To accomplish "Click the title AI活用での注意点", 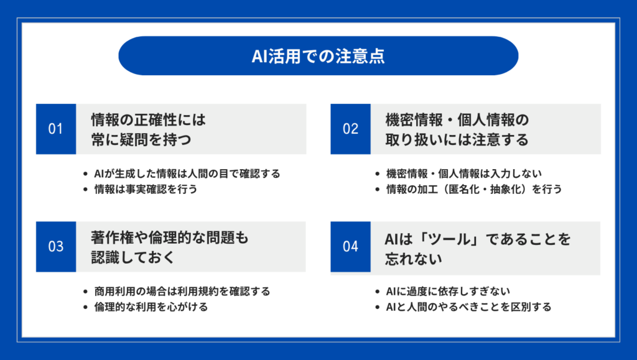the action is click(318, 56).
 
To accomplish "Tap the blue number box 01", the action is click(56, 129).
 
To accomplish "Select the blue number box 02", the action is click(351, 129).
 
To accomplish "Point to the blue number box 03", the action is click(56, 247).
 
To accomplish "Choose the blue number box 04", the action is click(351, 247).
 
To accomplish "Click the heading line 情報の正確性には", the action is click(148, 120).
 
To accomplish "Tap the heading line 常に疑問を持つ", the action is click(141, 140).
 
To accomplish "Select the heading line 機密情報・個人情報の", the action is click(457, 120).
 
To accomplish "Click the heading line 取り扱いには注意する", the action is click(457, 140).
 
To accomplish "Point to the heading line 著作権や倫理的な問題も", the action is click(169, 238).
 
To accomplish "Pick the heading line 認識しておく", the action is click(133, 257).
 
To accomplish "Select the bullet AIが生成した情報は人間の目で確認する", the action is click(187, 173).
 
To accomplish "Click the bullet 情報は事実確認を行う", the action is click(146, 189).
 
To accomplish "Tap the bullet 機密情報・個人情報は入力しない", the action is click(464, 173).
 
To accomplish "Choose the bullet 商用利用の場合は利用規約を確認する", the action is click(182, 292).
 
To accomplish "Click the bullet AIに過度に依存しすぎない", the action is click(448, 292).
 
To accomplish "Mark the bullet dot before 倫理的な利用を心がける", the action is click(85, 307).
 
